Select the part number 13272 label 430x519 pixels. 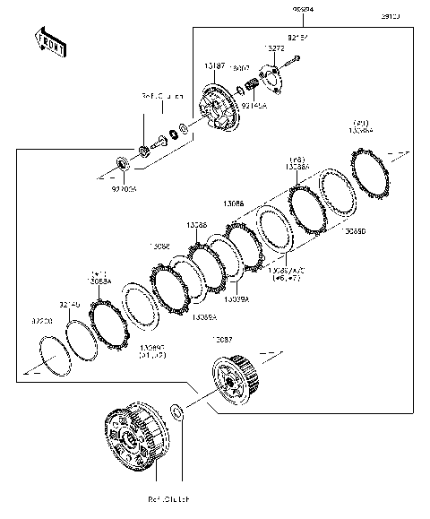click(274, 48)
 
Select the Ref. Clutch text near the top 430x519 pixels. click(161, 95)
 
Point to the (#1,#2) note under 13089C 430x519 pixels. click(153, 355)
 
